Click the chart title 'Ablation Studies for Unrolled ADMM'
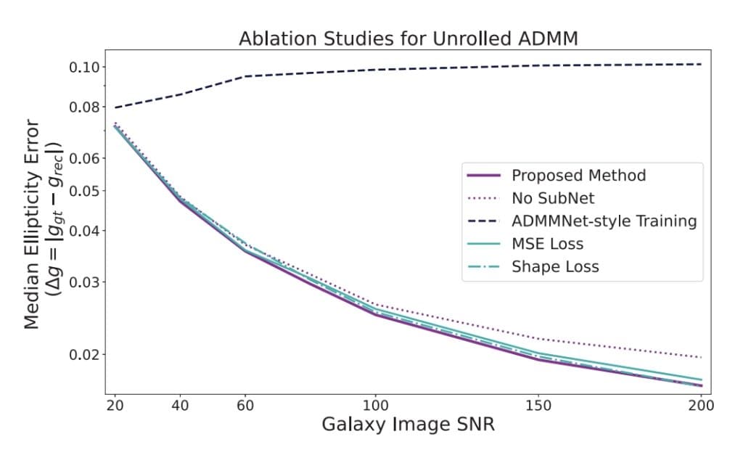point(408,38)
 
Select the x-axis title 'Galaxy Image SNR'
point(408,424)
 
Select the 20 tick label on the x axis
point(115,404)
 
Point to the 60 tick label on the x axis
point(245,404)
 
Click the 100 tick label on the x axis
point(375,404)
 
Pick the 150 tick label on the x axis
point(538,404)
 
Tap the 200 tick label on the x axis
point(701,404)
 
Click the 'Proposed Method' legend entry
point(578,176)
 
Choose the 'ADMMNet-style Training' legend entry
point(604,221)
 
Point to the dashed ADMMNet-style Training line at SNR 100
point(375,70)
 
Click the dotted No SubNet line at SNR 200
point(701,357)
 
